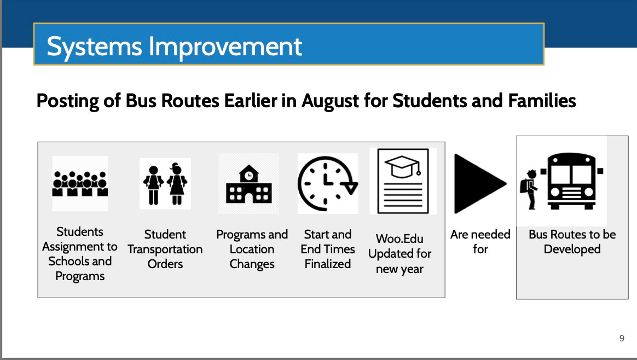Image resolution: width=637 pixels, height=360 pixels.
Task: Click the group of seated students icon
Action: point(80,184)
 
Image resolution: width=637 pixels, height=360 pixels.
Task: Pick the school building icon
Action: point(248,184)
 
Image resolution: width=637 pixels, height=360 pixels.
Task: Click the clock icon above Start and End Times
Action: point(327,183)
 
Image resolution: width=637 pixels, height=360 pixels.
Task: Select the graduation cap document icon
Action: point(403,181)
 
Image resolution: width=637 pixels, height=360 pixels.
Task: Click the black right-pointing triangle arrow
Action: point(479,184)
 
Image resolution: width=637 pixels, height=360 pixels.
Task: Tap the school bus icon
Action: point(572,181)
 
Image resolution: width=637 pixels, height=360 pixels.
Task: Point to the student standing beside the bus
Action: point(529,190)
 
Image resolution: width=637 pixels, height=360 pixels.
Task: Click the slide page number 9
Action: point(622,338)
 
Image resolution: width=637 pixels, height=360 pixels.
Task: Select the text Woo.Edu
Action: point(399,239)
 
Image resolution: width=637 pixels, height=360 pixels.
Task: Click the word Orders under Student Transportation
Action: point(165,264)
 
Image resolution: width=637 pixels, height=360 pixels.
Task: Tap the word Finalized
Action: point(327,264)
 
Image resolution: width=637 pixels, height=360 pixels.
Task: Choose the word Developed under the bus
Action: point(572,249)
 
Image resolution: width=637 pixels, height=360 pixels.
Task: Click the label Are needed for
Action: point(480,242)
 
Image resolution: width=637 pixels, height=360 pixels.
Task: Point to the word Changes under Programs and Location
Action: point(252,264)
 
